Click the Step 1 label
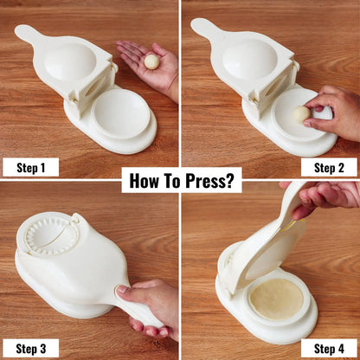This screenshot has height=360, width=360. point(30,166)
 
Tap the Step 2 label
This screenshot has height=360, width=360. point(329,166)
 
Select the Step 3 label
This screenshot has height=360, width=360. point(30,347)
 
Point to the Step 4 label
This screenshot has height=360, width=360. point(329,347)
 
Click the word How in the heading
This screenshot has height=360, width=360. point(147,180)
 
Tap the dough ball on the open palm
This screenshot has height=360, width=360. point(151,61)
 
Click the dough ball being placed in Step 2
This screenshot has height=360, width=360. point(300,113)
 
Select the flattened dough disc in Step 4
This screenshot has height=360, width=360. point(276,299)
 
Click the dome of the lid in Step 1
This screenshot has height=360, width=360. point(70,61)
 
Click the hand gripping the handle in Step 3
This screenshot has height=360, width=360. point(147,303)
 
